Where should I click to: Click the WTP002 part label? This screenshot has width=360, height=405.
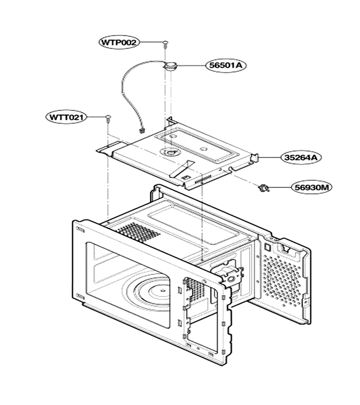[119, 42]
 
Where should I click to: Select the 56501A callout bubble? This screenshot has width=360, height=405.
[226, 65]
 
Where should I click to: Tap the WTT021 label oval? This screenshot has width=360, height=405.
[66, 117]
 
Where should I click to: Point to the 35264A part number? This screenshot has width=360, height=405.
[301, 157]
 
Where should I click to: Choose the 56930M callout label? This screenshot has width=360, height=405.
[312, 187]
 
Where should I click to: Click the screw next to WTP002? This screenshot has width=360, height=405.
[165, 45]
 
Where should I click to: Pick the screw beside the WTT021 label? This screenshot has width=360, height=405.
[108, 119]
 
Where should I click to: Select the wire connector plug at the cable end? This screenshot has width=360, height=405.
[141, 131]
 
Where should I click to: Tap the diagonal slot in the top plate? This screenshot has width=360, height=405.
[181, 168]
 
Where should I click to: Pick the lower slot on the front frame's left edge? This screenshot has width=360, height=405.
[80, 297]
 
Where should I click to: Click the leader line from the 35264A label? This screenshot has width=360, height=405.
[270, 157]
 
